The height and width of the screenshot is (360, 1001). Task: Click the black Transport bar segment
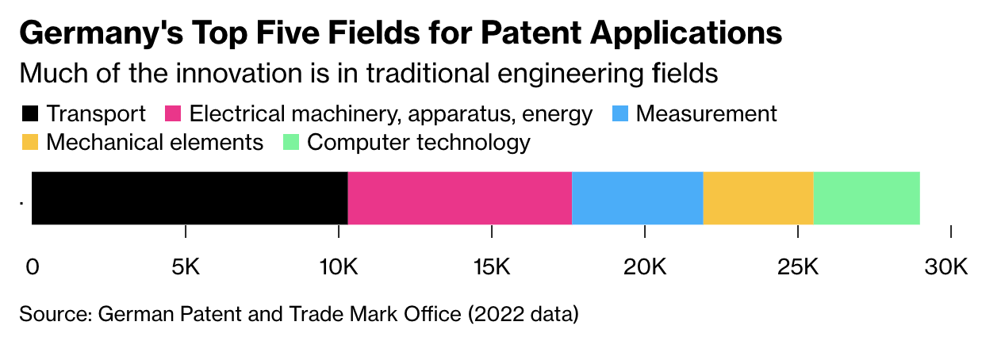[190, 198]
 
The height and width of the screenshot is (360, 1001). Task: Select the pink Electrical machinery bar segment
[459, 198]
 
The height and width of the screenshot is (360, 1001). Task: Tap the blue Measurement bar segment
[637, 198]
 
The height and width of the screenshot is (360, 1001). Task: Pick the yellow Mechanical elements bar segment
[757, 198]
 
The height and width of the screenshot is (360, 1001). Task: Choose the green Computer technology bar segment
[866, 198]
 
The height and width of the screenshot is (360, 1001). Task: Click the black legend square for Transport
[30, 114]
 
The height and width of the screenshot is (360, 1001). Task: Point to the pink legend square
[172, 114]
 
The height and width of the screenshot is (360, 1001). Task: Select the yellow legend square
[30, 143]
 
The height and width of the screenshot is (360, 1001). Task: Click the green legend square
[290, 143]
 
